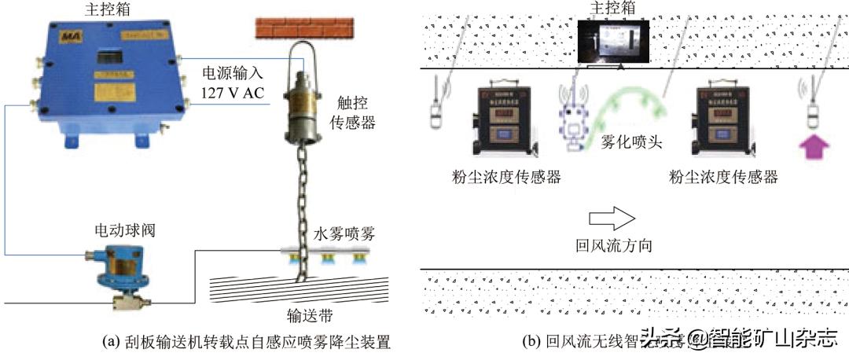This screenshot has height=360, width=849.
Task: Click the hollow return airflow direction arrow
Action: click(x=610, y=215)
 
